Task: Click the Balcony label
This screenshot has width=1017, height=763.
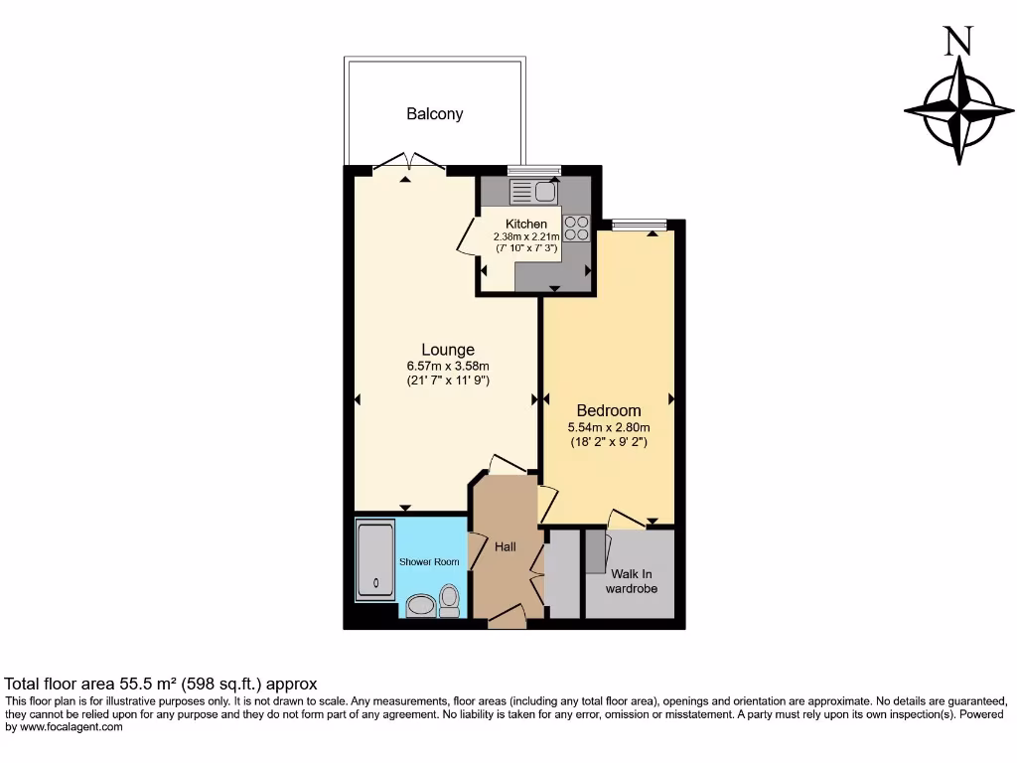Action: point(434,114)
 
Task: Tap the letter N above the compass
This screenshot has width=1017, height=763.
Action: point(957,40)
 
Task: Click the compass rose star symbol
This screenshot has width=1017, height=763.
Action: point(959,109)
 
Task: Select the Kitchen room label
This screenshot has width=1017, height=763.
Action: point(525,225)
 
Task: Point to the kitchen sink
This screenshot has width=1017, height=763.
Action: point(534,192)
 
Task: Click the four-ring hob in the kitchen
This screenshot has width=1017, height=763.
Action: point(577,229)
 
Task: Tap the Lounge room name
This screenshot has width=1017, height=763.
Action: point(448,350)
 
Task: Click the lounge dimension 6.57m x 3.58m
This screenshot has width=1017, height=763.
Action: point(448,367)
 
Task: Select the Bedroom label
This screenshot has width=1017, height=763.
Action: point(609,410)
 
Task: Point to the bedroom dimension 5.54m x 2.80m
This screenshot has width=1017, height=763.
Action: point(609,427)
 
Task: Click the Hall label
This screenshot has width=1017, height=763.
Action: point(506,546)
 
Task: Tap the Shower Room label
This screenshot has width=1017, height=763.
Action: point(429,562)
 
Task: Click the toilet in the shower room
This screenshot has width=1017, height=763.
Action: point(449,600)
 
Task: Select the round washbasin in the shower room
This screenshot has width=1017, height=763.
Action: point(421,605)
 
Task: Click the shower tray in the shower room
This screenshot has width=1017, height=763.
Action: point(375,561)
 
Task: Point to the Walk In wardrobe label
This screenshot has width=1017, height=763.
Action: point(634,581)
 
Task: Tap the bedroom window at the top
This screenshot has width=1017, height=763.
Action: point(640,225)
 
